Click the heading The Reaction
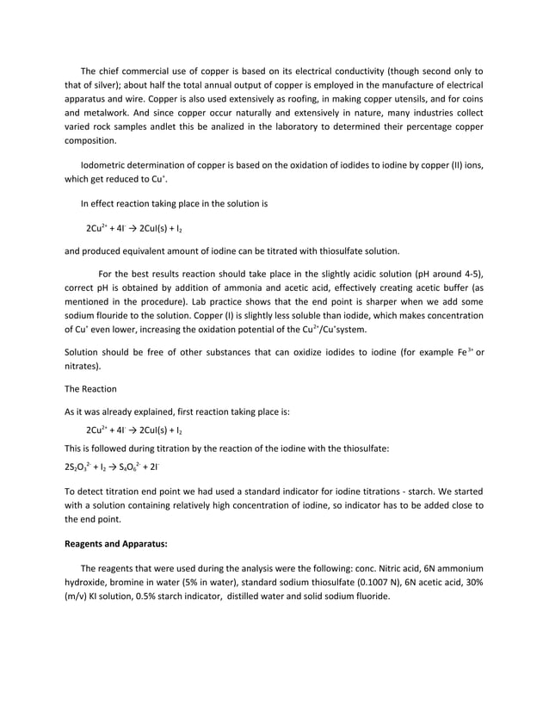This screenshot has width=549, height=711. point(91,389)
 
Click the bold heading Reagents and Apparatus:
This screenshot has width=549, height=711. point(116,543)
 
